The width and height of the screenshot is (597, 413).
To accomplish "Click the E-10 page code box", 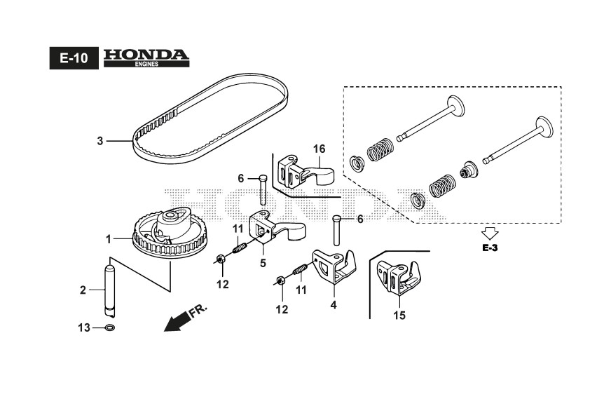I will (x=73, y=59).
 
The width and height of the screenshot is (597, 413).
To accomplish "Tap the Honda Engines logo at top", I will (x=146, y=57).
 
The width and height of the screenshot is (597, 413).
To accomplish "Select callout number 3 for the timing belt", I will (x=100, y=141).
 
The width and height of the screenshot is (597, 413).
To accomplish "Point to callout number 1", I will (x=109, y=239).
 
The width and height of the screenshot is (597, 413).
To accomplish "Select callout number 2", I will (x=83, y=289).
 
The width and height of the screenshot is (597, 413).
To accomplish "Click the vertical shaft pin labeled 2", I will (x=109, y=287).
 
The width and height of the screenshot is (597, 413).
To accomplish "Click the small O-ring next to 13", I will (x=110, y=327).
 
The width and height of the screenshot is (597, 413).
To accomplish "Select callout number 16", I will (x=320, y=149).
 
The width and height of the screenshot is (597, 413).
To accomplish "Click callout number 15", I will (x=399, y=316).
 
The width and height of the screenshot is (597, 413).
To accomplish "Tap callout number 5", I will (x=263, y=264).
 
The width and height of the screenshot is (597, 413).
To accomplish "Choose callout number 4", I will (x=334, y=305).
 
